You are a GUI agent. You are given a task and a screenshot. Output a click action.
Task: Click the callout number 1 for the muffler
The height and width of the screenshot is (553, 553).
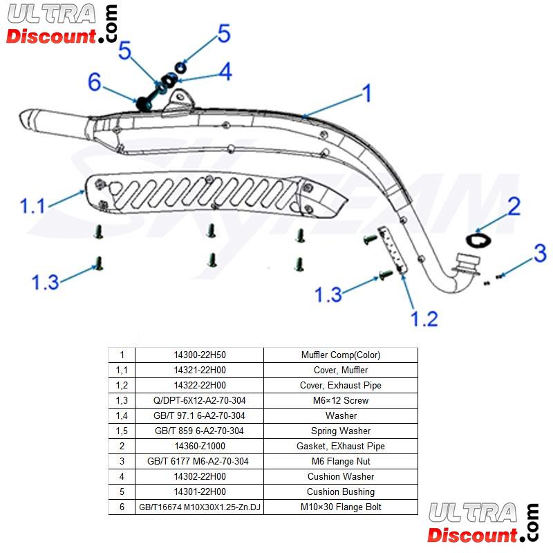[x=367, y=93]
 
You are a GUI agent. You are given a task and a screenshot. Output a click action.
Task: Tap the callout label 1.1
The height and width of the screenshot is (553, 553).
[x=32, y=206]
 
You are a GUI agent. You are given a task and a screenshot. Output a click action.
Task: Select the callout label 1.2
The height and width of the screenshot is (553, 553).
[x=423, y=319]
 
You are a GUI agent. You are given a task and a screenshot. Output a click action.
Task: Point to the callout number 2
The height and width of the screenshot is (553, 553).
[x=514, y=205]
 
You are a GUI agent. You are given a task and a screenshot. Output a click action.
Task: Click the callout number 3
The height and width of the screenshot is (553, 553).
[x=540, y=253]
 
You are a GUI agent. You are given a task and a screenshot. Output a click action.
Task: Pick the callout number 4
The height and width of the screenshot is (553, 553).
[x=225, y=71]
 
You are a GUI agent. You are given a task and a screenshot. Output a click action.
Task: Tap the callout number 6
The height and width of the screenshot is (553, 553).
[x=95, y=82]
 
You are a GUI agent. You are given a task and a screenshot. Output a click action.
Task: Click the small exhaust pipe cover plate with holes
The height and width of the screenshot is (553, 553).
[x=391, y=247]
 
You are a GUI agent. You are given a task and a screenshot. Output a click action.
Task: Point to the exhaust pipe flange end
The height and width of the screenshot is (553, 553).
[x=467, y=263]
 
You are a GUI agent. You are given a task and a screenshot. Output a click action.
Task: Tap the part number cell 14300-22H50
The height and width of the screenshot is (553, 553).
[x=200, y=355]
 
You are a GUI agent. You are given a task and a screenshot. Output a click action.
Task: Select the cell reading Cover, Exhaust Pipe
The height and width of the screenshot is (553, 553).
[x=341, y=385]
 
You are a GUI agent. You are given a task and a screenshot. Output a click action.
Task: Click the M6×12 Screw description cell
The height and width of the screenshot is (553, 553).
[x=341, y=400]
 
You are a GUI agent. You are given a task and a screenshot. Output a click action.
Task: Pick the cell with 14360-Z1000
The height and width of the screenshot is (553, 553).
[x=200, y=446]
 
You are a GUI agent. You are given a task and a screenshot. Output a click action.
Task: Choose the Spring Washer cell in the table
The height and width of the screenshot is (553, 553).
[x=341, y=431]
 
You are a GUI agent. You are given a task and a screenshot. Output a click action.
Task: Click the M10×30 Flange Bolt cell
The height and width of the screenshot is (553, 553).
[x=341, y=507]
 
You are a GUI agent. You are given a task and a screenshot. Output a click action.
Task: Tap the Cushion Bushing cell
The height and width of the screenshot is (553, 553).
[x=341, y=491]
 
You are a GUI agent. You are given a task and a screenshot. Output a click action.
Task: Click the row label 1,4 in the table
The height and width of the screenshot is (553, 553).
[x=122, y=415]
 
